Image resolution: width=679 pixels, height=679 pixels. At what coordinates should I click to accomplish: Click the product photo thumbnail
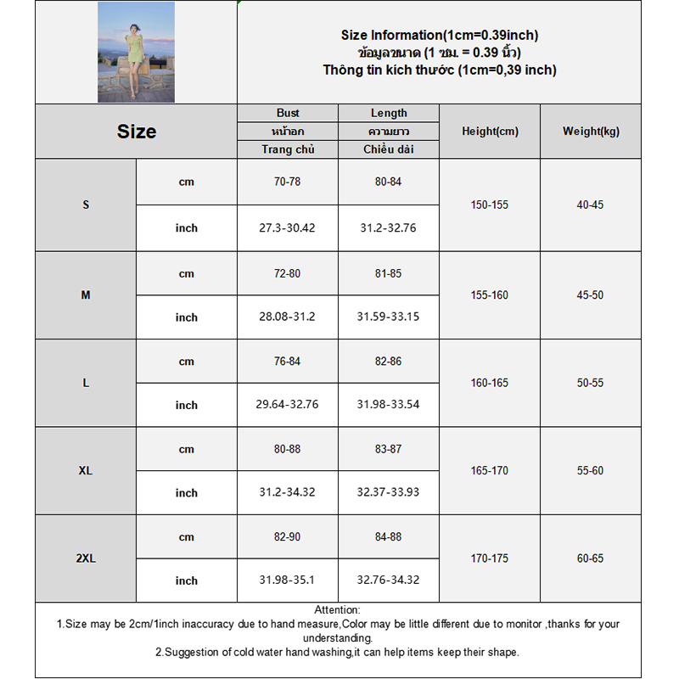(136, 52)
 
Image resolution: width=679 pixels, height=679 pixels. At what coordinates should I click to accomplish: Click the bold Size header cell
(137, 132)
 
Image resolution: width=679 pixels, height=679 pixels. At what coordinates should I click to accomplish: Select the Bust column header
(288, 113)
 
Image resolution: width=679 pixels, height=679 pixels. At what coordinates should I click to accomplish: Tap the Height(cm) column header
(490, 132)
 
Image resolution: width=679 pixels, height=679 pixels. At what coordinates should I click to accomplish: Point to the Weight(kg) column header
(591, 132)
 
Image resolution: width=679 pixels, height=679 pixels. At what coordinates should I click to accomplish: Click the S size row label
(86, 205)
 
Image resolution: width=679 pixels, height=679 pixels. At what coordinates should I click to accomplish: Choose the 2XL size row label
(86, 558)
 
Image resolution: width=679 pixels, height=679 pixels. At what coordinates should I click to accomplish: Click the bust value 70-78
(288, 182)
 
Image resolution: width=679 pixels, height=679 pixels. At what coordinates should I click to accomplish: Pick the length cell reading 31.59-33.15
(389, 317)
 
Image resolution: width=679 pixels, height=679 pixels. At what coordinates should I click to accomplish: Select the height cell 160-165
(490, 383)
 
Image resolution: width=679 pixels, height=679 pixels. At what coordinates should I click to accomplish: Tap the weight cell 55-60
(591, 470)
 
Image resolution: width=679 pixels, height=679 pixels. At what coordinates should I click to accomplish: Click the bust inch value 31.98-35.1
(288, 581)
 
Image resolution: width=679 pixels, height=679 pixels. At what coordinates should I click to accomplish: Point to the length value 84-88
(389, 536)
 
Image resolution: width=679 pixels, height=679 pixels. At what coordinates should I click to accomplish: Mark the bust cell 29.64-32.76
(288, 405)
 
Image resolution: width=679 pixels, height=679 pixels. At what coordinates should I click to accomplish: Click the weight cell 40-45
(591, 205)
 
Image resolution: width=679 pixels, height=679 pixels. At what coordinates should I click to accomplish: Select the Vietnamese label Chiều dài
(389, 149)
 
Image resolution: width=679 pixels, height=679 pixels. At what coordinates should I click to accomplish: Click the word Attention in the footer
(338, 609)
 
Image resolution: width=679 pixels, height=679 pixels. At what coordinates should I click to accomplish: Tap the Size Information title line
(440, 36)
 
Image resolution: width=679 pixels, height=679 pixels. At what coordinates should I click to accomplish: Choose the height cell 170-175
(490, 558)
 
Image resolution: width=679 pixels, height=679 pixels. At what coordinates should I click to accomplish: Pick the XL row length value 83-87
(389, 449)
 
